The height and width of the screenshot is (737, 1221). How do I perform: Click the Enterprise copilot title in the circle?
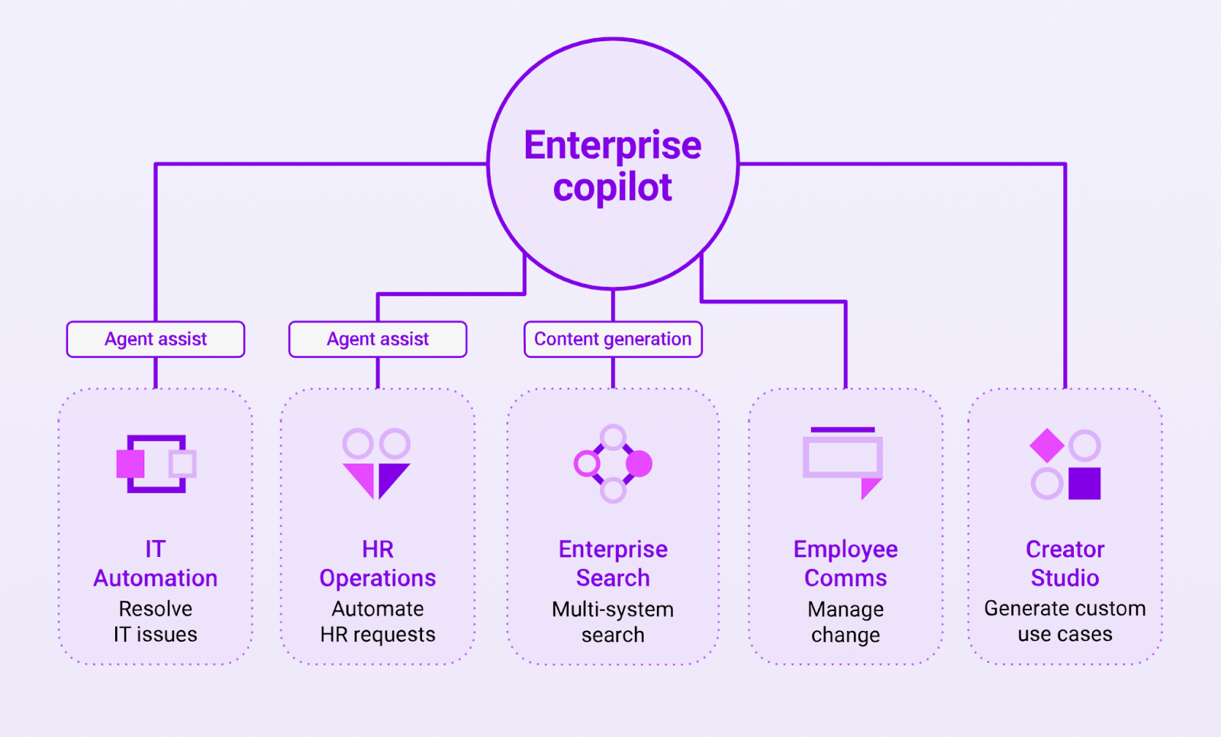pyautogui.click(x=612, y=166)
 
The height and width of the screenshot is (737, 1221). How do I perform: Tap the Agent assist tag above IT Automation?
pyautogui.click(x=156, y=339)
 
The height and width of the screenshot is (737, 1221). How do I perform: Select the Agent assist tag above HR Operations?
pyautogui.click(x=378, y=339)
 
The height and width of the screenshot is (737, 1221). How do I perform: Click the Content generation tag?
pyautogui.click(x=613, y=339)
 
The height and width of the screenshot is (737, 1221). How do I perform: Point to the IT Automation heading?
pyautogui.click(x=156, y=564)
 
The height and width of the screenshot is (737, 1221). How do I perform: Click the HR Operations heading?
pyautogui.click(x=378, y=564)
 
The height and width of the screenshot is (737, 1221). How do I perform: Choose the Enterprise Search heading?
pyautogui.click(x=613, y=564)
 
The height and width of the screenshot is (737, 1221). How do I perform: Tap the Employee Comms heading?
pyautogui.click(x=846, y=564)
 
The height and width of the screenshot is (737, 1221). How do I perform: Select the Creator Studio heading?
pyautogui.click(x=1065, y=564)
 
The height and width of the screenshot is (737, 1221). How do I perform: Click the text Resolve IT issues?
pyautogui.click(x=156, y=622)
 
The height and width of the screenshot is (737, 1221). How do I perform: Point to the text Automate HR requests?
pyautogui.click(x=378, y=622)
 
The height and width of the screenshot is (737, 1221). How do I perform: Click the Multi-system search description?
pyautogui.click(x=613, y=622)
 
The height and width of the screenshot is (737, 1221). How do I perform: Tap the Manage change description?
pyautogui.click(x=846, y=622)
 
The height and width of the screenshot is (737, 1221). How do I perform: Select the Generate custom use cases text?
pyautogui.click(x=1065, y=621)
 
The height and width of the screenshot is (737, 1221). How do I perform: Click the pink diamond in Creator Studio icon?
pyautogui.click(x=1047, y=446)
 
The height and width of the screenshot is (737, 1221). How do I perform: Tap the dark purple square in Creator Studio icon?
pyautogui.click(x=1084, y=484)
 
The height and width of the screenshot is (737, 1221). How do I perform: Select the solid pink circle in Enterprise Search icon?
pyautogui.click(x=639, y=463)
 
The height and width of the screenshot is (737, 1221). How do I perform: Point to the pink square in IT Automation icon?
pyautogui.click(x=130, y=464)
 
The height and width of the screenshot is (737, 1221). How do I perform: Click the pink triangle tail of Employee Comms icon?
pyautogui.click(x=868, y=487)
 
